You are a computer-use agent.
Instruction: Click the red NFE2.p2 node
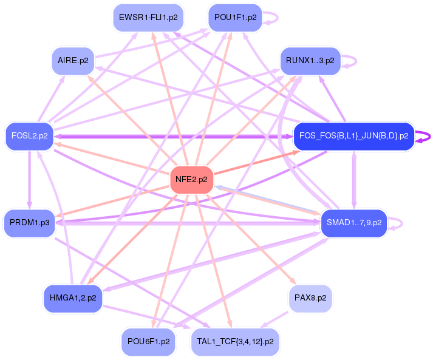point(192,180)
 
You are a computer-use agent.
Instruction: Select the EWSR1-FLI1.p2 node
point(148,18)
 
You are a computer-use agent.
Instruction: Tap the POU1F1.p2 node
point(235,18)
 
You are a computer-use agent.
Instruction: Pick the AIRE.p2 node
point(73,61)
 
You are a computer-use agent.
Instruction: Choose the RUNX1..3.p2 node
point(310,61)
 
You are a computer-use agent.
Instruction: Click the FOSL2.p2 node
point(30,136)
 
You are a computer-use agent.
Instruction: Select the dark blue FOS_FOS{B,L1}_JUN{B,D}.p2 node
point(353,136)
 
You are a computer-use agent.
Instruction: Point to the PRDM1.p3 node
point(30,223)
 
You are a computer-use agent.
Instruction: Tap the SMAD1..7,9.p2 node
point(354,223)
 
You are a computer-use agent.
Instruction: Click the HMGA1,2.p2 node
point(73,298)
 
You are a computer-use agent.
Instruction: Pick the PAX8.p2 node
point(310,298)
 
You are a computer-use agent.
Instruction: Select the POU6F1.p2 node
point(149,342)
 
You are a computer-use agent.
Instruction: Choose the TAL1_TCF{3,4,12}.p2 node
point(235,342)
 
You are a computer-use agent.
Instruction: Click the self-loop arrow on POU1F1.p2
point(278,18)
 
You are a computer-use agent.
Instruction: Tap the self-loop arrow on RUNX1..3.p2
point(356,61)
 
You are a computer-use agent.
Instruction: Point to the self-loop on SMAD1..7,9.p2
point(402,223)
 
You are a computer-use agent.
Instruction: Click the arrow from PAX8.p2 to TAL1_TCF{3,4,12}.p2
point(274,320)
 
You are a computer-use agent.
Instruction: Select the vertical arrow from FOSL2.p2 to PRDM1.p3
point(30,180)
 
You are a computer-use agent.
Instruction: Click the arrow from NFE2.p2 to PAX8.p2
point(251,239)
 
